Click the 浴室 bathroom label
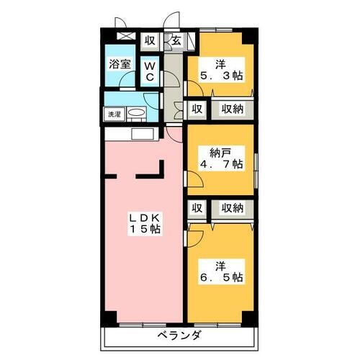point(120,63)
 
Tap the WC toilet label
point(150,71)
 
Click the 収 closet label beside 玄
point(150,41)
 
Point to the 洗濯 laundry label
point(114,114)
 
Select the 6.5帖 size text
point(220,276)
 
